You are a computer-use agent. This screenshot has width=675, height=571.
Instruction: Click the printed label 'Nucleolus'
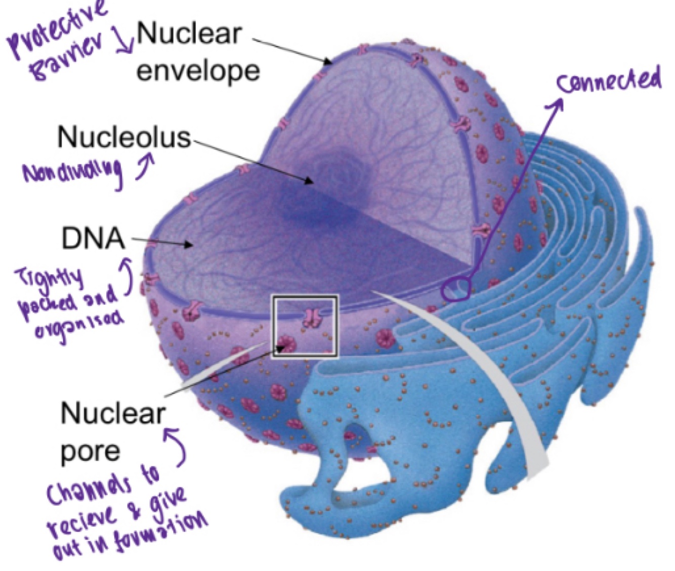tap(123, 137)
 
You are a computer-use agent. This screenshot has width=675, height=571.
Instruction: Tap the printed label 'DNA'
tap(93, 238)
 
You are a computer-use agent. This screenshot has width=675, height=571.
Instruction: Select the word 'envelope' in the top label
tap(198, 70)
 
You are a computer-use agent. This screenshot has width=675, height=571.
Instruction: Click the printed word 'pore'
tap(90, 450)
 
